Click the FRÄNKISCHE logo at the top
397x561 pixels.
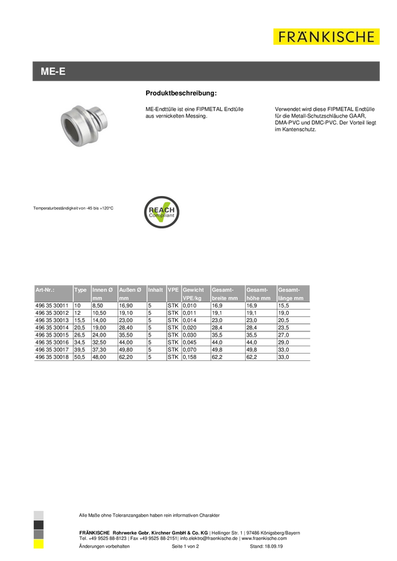[x=326, y=36]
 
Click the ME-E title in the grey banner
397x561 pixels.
[x=53, y=71]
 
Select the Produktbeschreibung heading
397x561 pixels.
[x=181, y=93]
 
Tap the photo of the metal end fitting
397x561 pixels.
[x=85, y=125]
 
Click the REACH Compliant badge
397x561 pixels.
[x=161, y=212]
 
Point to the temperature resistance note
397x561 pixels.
[x=73, y=208]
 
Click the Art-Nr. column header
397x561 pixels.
[x=45, y=290]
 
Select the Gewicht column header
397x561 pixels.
[x=193, y=290]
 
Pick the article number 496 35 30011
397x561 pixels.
[x=52, y=306]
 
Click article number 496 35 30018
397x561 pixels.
[x=52, y=357]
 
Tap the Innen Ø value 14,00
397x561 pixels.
[x=99, y=320]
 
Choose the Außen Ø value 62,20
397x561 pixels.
[x=126, y=357]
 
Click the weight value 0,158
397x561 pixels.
[x=190, y=357]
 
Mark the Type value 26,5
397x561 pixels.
[x=79, y=335]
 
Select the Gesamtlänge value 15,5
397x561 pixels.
[x=283, y=306]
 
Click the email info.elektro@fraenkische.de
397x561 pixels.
[x=209, y=538]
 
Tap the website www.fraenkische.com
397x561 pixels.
[x=264, y=538]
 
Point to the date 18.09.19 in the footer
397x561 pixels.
[x=274, y=546]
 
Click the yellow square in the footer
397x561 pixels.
[x=38, y=544]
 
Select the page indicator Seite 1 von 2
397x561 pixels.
[x=186, y=546]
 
